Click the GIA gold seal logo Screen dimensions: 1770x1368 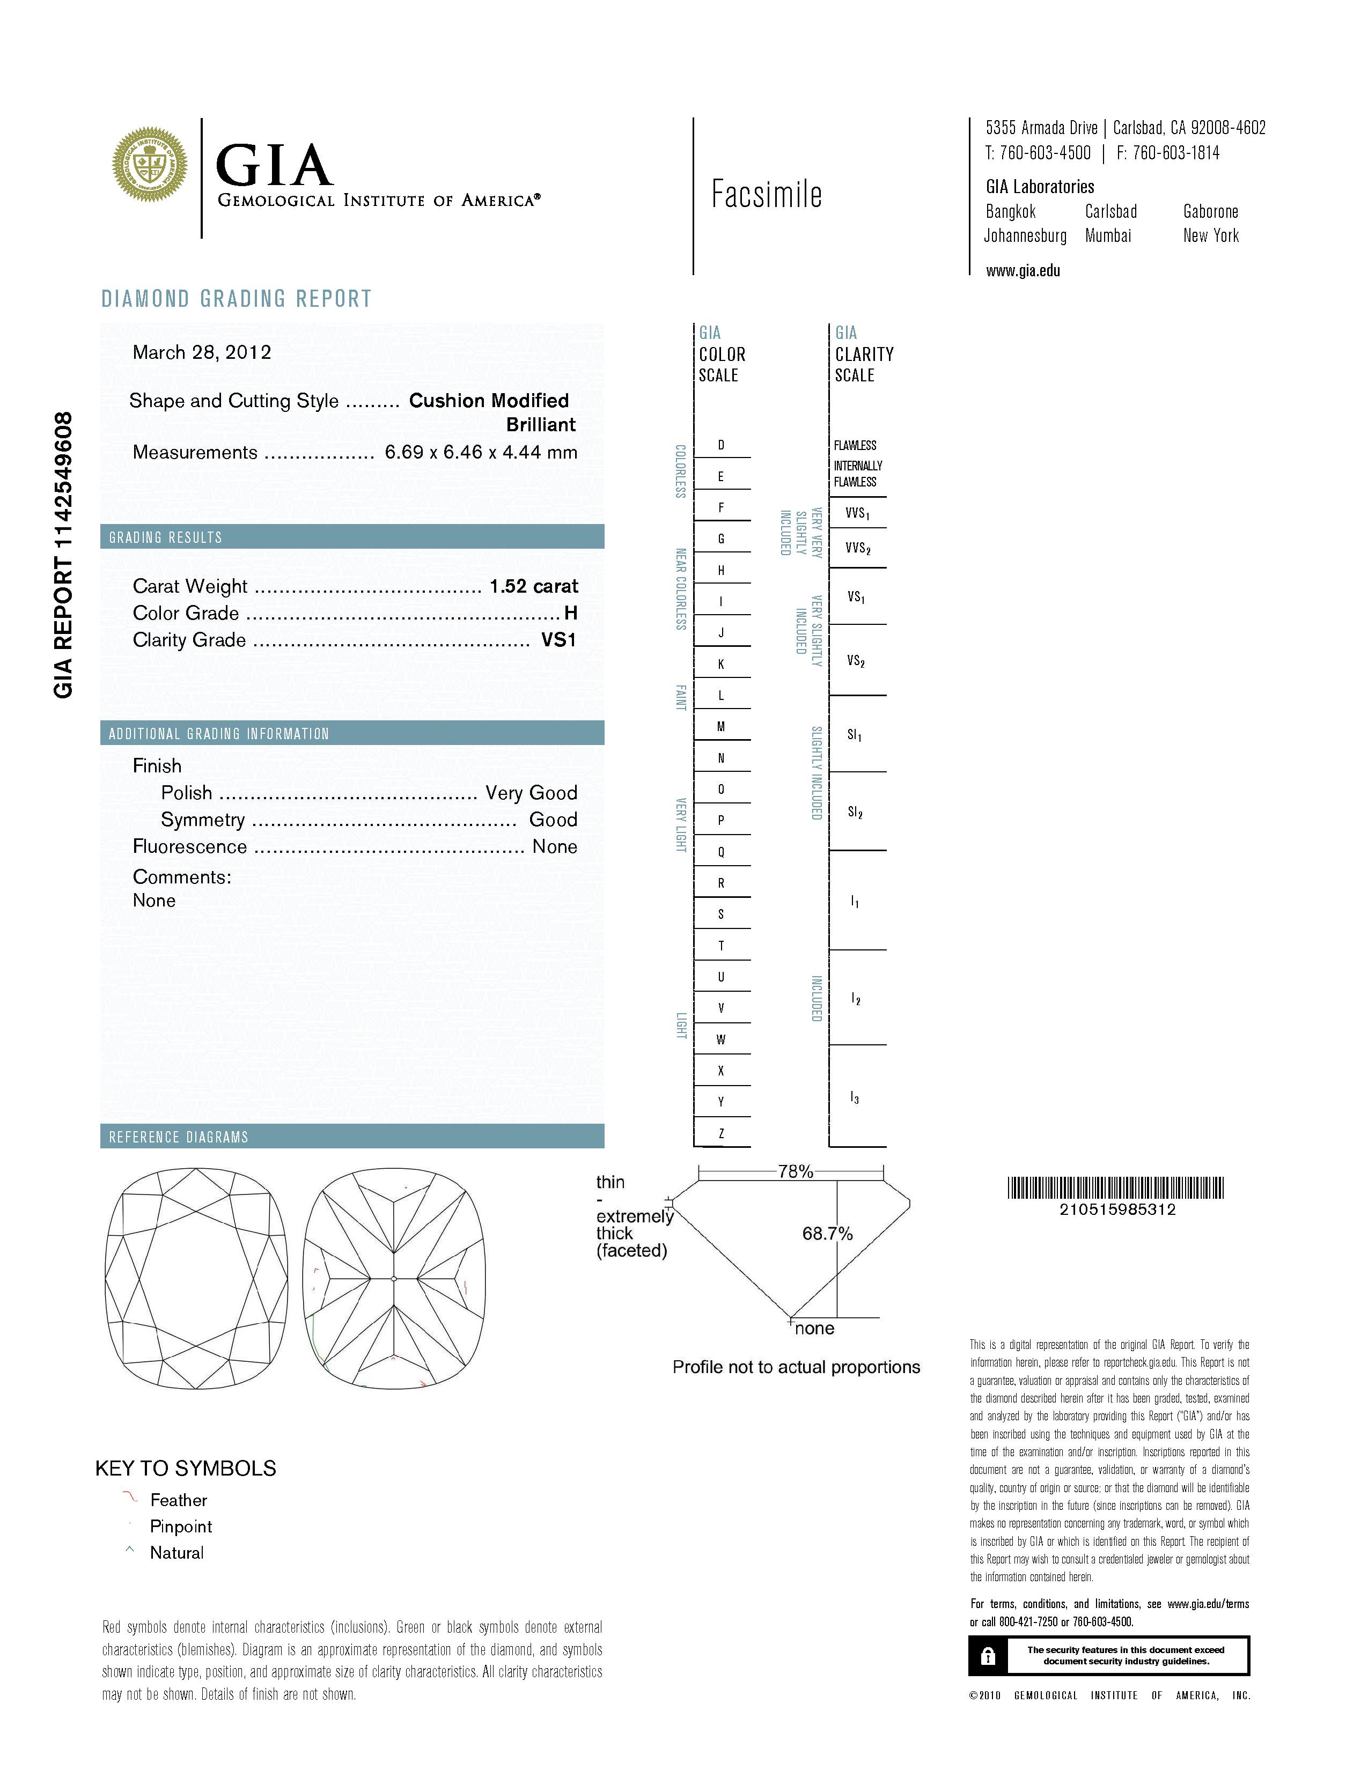click(x=149, y=165)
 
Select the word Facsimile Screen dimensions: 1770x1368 click(x=766, y=195)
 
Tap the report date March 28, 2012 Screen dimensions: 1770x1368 click(x=202, y=352)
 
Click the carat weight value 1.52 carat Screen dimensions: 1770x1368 click(x=533, y=586)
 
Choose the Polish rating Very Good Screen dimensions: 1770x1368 click(x=531, y=793)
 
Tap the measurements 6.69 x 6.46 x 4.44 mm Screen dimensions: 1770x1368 click(x=481, y=452)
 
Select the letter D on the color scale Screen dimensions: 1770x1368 click(x=720, y=445)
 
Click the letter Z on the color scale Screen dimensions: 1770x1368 click(x=720, y=1133)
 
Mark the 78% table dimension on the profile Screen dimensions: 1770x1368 click(x=795, y=1171)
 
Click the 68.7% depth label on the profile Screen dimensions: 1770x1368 click(x=827, y=1234)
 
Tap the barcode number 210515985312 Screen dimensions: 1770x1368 click(x=1117, y=1209)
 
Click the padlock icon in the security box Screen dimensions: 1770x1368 click(x=987, y=1656)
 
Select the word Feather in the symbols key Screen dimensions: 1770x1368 click(x=178, y=1500)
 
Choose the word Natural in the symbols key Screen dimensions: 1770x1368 click(x=176, y=1553)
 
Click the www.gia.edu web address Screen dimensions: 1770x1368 click(x=1023, y=271)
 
